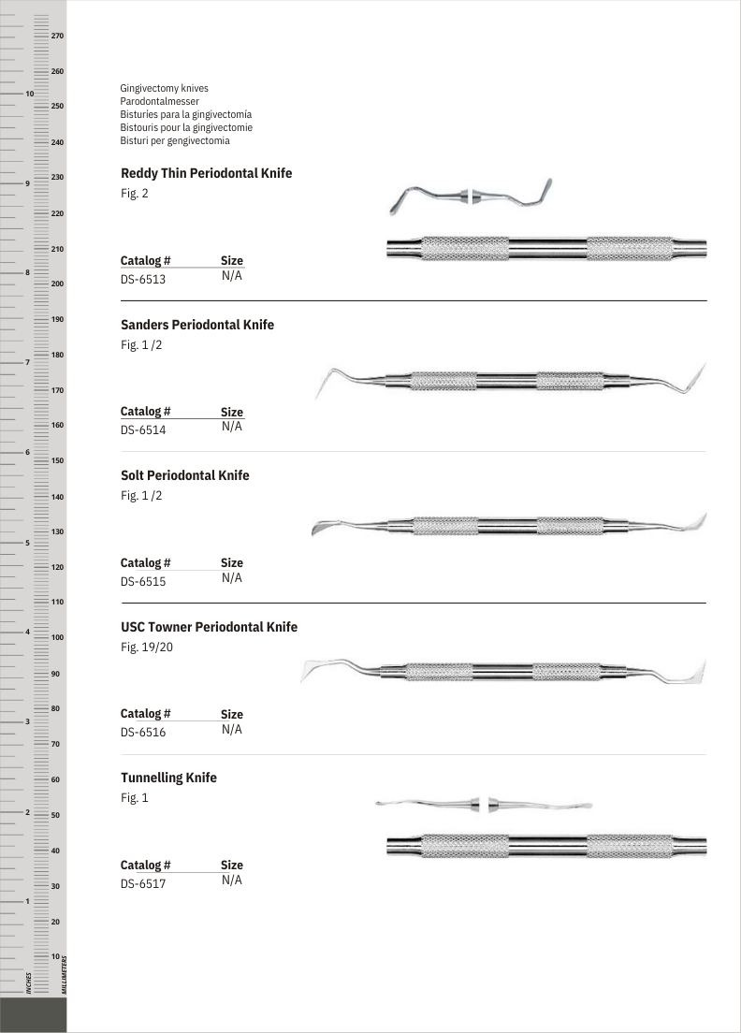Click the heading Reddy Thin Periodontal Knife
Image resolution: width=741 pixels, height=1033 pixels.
pyautogui.click(x=206, y=174)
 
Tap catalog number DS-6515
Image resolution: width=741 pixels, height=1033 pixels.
pyautogui.click(x=143, y=581)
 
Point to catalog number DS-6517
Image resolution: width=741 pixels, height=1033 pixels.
pyautogui.click(x=143, y=883)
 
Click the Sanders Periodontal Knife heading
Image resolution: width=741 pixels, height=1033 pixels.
pyautogui.click(x=197, y=325)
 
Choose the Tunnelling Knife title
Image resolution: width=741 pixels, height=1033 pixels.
pyautogui.click(x=168, y=778)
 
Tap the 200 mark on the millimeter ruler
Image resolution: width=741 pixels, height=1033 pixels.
pyautogui.click(x=57, y=284)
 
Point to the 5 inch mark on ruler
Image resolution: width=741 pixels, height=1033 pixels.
pyautogui.click(x=29, y=543)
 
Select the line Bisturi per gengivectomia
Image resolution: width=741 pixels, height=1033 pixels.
pyautogui.click(x=175, y=140)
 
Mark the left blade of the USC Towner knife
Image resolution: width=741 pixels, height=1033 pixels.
pyautogui.click(x=317, y=670)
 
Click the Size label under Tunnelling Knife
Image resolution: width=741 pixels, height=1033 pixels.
pyautogui.click(x=231, y=866)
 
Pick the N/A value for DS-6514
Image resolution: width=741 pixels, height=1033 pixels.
pyautogui.click(x=231, y=427)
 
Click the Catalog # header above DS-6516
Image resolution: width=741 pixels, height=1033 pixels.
pyautogui.click(x=145, y=714)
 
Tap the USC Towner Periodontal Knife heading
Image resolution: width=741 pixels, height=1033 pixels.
pyautogui.click(x=209, y=627)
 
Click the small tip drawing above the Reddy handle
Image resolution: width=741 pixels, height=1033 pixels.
pyautogui.click(x=472, y=196)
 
